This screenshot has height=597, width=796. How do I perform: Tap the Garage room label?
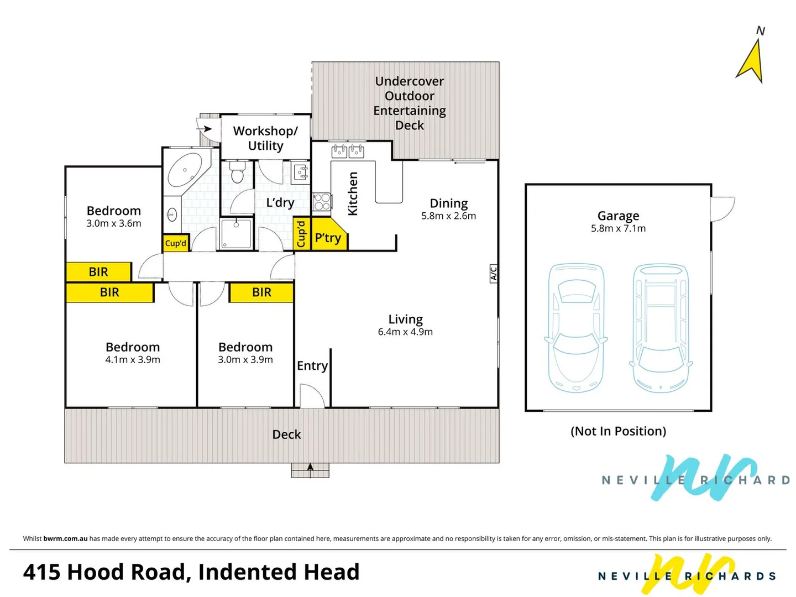coord(618,216)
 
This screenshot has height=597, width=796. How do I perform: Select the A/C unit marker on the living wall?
coord(494,273)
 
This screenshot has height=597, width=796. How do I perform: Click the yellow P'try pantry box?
coord(328,237)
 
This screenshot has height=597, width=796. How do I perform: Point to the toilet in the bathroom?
coord(237,172)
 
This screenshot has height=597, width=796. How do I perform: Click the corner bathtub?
coord(185,170)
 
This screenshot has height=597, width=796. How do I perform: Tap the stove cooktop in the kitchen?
coord(322,202)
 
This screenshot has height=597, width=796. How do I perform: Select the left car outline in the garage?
coord(576,328)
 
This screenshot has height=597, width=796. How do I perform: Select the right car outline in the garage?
coord(661,328)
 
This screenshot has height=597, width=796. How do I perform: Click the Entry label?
coord(312,365)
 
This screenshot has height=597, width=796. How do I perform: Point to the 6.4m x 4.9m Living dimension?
coord(405,332)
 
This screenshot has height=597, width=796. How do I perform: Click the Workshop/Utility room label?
coord(265,138)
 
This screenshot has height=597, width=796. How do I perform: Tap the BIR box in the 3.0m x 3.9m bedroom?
coord(261,292)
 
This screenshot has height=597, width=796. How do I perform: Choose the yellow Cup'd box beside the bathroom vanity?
coord(176,243)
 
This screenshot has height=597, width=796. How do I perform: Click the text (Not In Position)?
coord(618,431)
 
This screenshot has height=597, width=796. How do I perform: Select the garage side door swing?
coord(722,209)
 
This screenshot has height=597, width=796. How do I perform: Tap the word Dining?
coord(448,203)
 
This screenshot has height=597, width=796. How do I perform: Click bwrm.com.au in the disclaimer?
coord(65,538)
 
